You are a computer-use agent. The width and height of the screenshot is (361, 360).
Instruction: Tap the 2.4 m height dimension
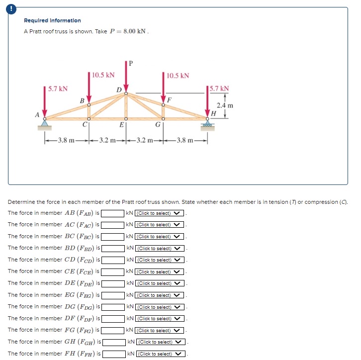pyautogui.click(x=225, y=105)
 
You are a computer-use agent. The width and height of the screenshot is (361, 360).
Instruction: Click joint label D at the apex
pyautogui.click(x=118, y=90)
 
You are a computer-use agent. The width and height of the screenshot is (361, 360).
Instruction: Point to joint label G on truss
pyautogui.click(x=158, y=125)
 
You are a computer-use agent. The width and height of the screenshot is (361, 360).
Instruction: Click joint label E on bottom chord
pyautogui.click(x=121, y=125)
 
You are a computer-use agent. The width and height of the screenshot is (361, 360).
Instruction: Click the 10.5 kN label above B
pyautogui.click(x=103, y=75)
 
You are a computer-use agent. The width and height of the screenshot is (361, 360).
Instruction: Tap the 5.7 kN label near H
pyautogui.click(x=219, y=89)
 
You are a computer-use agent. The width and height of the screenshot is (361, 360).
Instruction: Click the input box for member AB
pyautogui.click(x=113, y=213)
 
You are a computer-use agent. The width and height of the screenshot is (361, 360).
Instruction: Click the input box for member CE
pyautogui.click(x=113, y=272)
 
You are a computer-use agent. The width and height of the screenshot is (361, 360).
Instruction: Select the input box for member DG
pyautogui.click(x=113, y=307)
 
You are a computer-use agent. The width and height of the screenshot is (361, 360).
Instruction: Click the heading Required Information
pyautogui.click(x=52, y=20)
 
